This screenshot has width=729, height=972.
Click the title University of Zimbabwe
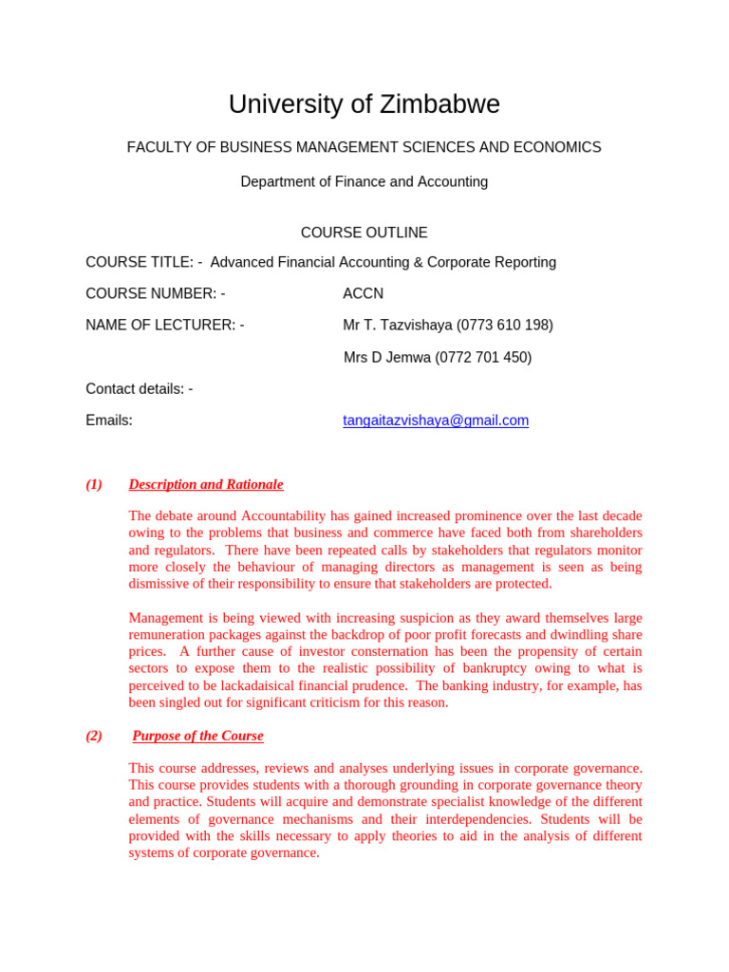click(x=364, y=104)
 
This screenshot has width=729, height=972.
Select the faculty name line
click(x=364, y=148)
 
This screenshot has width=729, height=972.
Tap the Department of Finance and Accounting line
click(x=364, y=182)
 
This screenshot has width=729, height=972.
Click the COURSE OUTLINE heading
click(x=364, y=234)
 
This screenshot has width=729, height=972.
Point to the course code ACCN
click(x=363, y=294)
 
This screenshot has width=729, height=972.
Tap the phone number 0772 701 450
click(x=483, y=358)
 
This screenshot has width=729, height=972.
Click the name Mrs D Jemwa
click(x=386, y=358)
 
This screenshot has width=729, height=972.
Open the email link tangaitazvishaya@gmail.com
click(x=436, y=421)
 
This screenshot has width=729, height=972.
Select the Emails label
click(x=109, y=421)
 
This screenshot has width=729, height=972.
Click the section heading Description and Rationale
click(x=206, y=485)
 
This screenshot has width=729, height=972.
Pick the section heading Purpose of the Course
click(x=197, y=736)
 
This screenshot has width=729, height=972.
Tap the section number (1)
click(x=94, y=485)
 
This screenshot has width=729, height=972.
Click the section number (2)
click(x=94, y=736)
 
